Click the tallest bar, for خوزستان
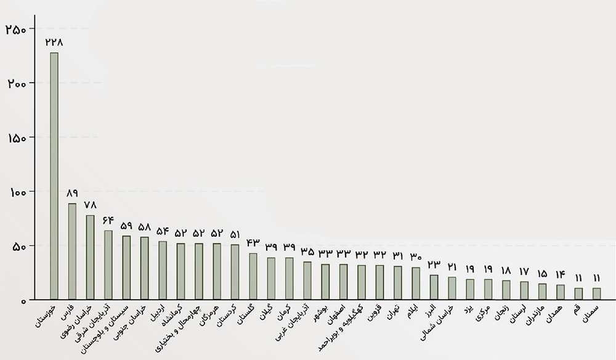pyautogui.click(x=54, y=176)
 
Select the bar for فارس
pyautogui.click(x=72, y=252)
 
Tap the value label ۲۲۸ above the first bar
pyautogui.click(x=54, y=42)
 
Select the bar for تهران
pyautogui.click(x=398, y=283)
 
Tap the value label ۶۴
pyautogui.click(x=108, y=220)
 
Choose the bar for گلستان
pyautogui.click(x=253, y=276)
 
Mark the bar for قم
pyautogui.click(x=578, y=293)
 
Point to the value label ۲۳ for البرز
pyautogui.click(x=434, y=264)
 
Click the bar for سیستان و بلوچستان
pyautogui.click(x=126, y=268)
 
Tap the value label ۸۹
pyautogui.click(x=72, y=193)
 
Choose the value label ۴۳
pyautogui.click(x=253, y=243)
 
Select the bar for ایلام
pyautogui.click(x=416, y=284)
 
